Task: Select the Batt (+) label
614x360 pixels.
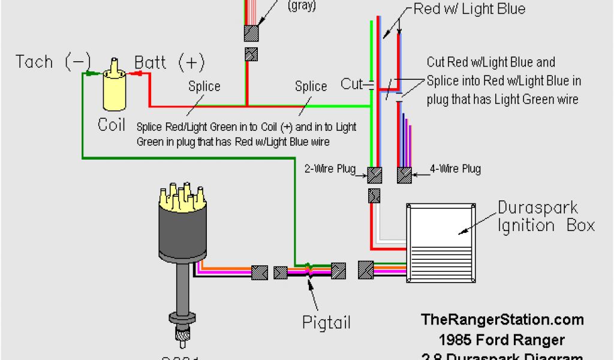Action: [x=169, y=62]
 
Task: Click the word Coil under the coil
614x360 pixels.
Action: [x=112, y=124]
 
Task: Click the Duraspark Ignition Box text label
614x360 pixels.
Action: [x=546, y=217]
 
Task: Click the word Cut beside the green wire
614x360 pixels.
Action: [x=351, y=84]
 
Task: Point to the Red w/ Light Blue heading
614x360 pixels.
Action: [x=469, y=8]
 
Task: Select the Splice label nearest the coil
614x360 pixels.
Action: [x=204, y=86]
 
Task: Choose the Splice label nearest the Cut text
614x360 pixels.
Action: [x=311, y=86]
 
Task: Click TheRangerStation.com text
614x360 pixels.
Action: [x=502, y=320]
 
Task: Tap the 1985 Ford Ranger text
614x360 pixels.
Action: [x=502, y=340]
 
